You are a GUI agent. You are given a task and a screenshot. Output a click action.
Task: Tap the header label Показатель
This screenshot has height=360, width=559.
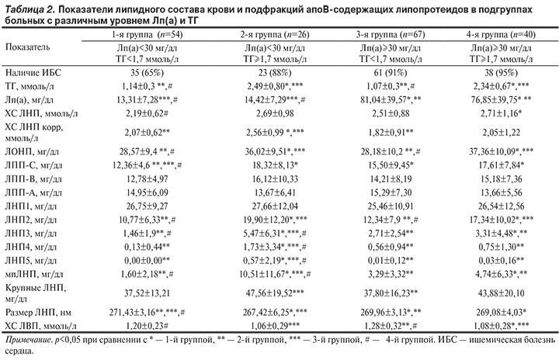click(30, 48)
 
